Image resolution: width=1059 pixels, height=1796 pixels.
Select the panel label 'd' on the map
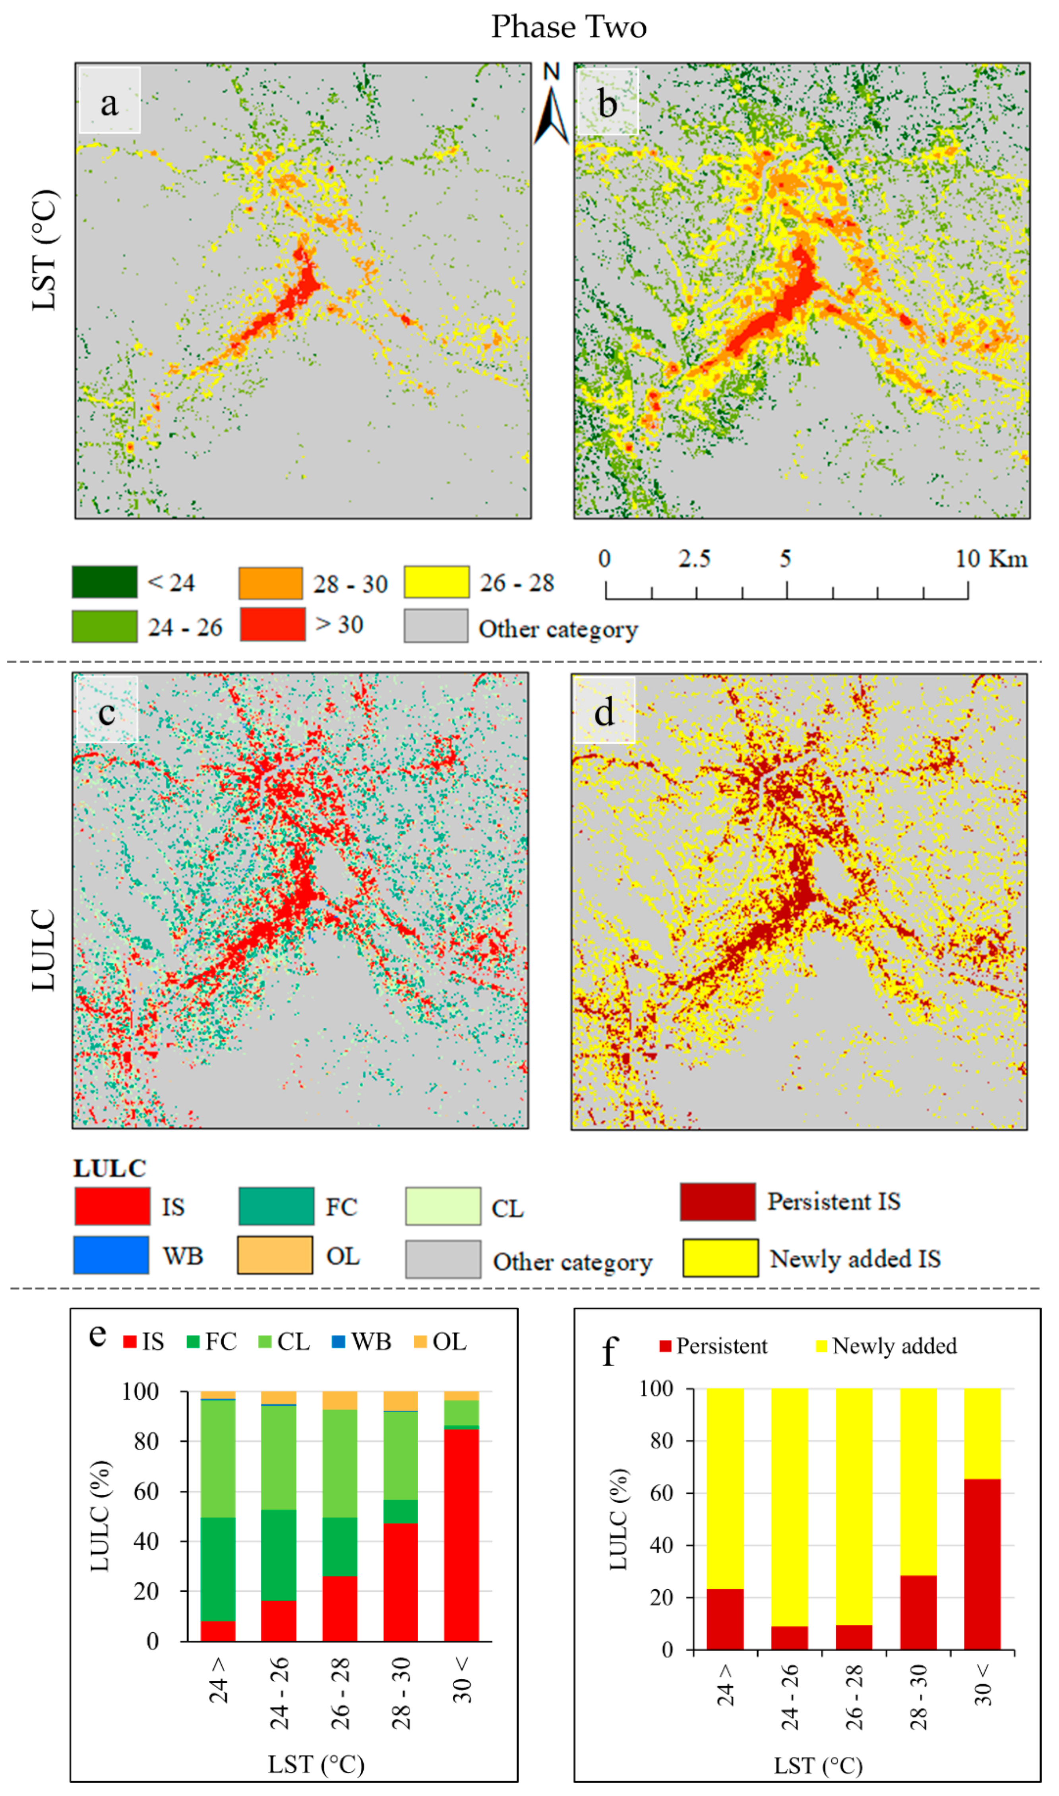[x=604, y=711]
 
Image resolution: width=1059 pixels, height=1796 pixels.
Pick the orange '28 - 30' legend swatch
[x=271, y=583]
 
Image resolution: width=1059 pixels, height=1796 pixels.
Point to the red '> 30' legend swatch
[x=273, y=624]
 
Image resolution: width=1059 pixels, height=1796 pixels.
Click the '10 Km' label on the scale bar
[x=991, y=559]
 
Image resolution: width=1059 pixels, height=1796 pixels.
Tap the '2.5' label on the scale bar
[x=694, y=559]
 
